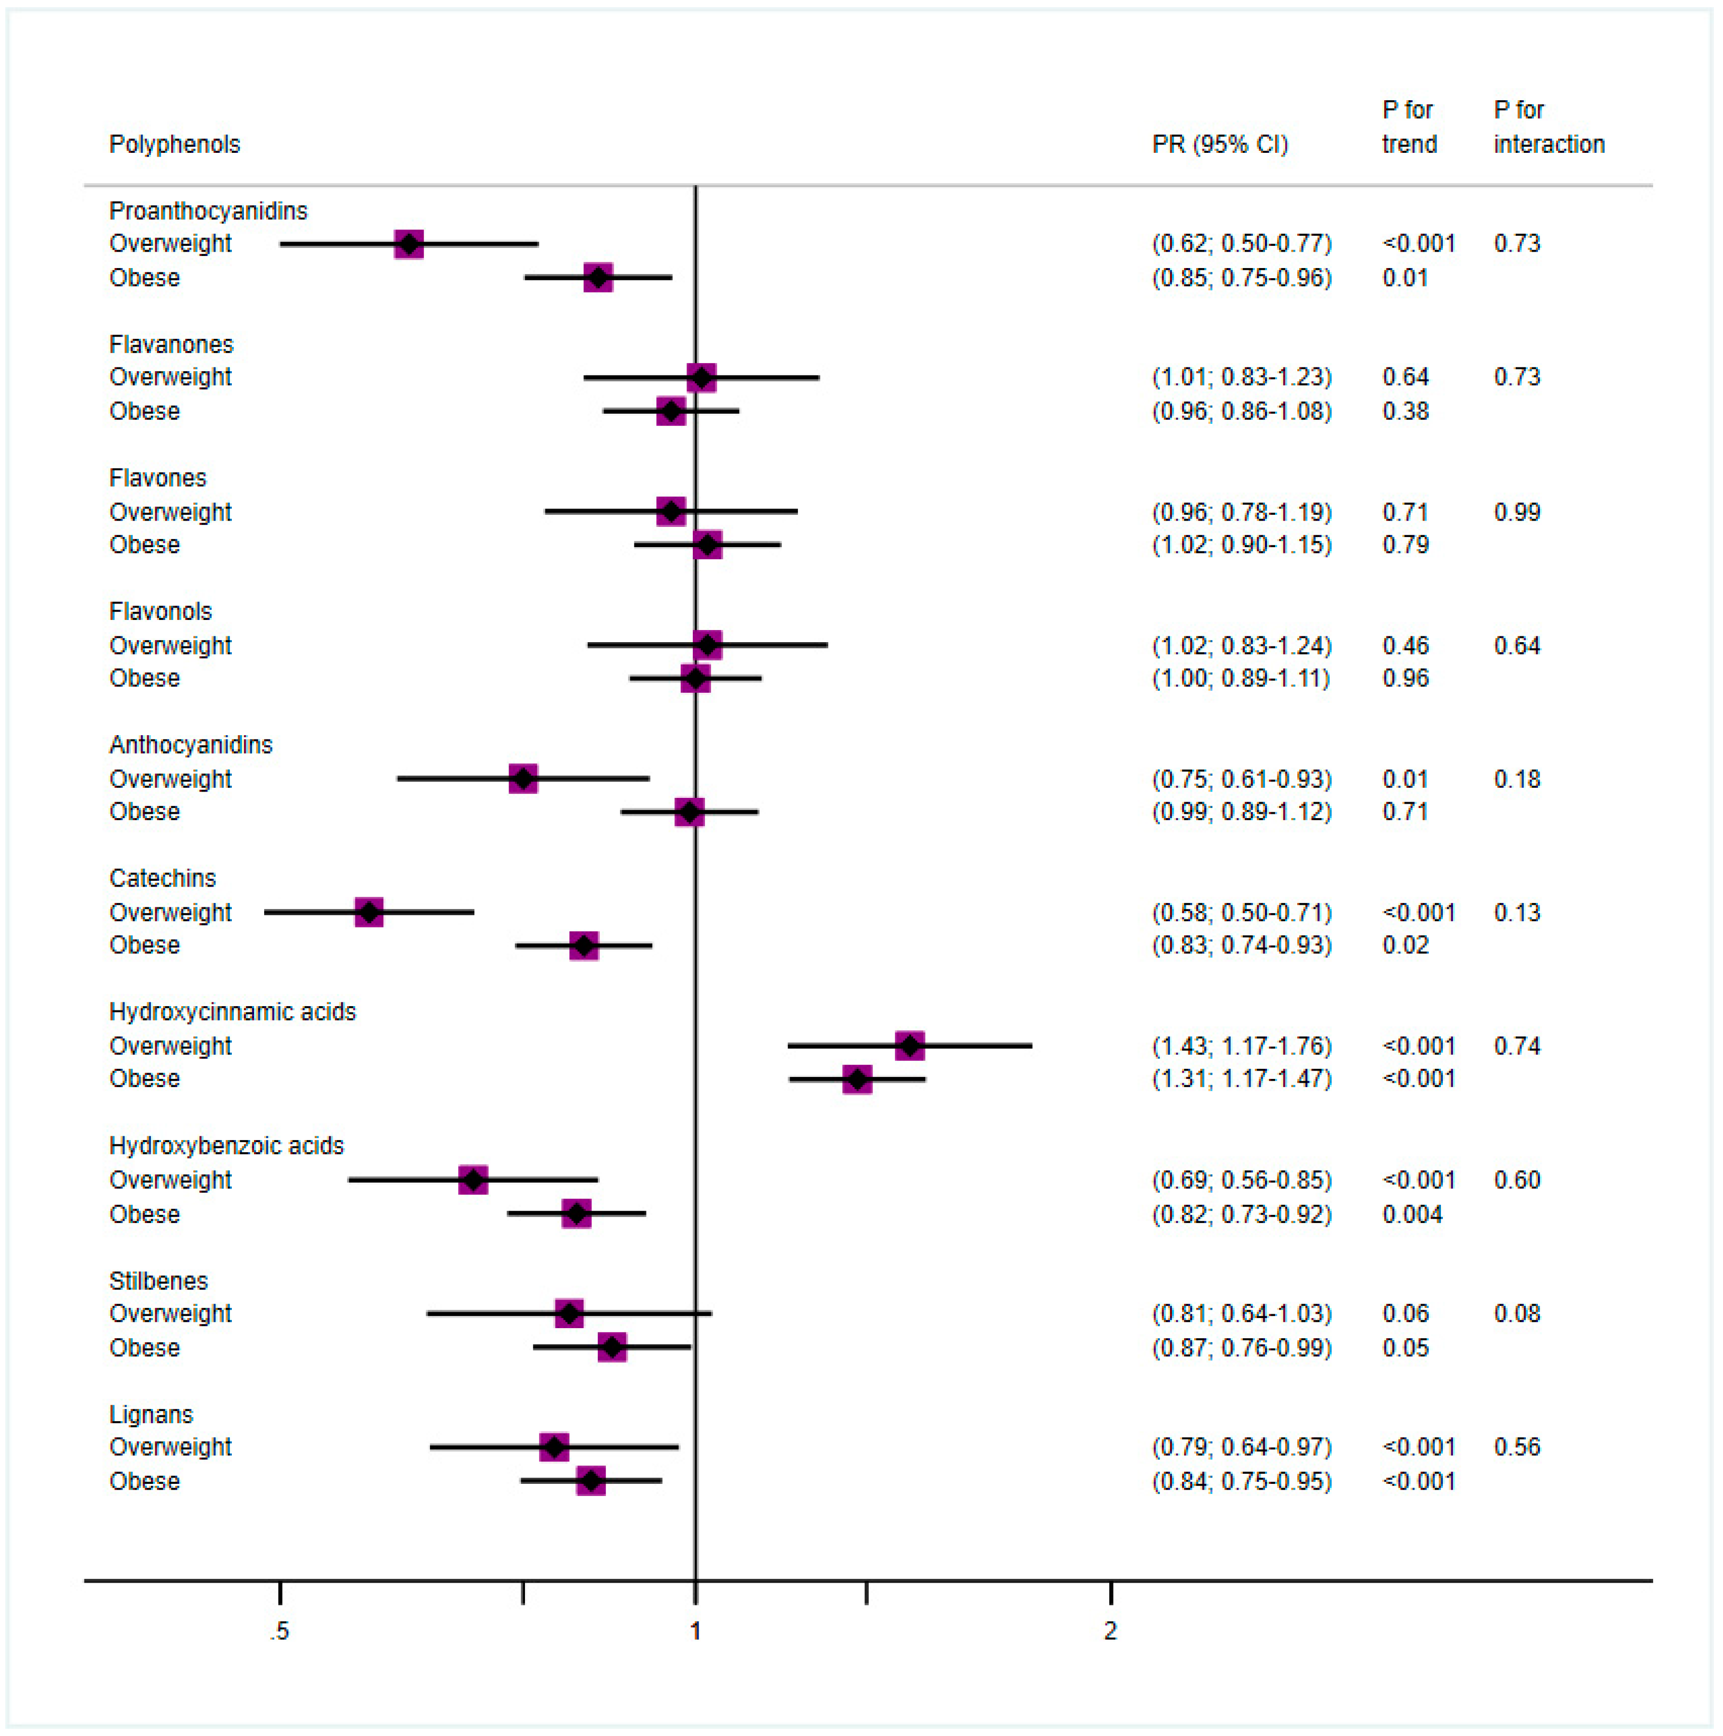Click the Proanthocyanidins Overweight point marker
(409, 243)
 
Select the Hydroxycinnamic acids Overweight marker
(910, 1046)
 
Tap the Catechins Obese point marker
(584, 945)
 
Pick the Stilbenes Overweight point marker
(569, 1314)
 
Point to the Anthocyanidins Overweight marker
(523, 779)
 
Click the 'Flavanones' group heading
(171, 344)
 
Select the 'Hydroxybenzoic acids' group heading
(227, 1145)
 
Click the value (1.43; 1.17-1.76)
(1241, 1046)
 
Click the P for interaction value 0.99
(1516, 512)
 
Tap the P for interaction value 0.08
(1516, 1314)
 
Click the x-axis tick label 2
(1110, 1631)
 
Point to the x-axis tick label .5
(280, 1631)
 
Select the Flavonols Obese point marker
(695, 678)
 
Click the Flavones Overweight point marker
(671, 512)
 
